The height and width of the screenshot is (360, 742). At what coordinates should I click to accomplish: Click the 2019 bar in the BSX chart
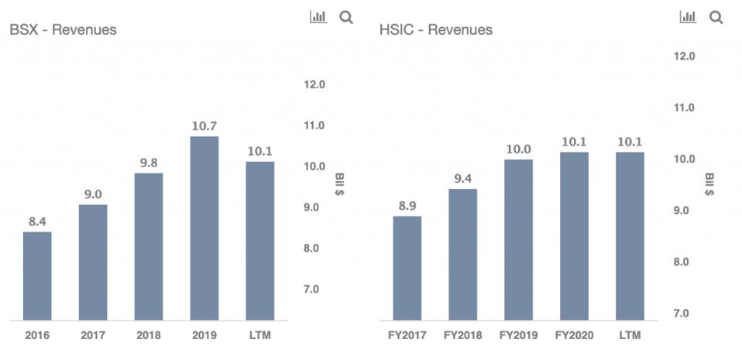(204, 228)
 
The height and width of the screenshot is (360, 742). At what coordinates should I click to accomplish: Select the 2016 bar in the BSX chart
(37, 276)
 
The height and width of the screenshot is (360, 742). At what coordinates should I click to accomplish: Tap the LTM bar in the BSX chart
(259, 241)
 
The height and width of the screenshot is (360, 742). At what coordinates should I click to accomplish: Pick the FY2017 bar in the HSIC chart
(407, 268)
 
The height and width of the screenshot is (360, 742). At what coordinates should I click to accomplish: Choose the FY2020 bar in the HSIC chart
(574, 236)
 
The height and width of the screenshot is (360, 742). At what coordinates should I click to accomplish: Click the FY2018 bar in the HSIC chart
(462, 255)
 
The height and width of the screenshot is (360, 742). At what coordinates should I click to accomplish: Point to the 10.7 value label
(204, 125)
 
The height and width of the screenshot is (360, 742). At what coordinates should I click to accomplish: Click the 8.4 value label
(37, 221)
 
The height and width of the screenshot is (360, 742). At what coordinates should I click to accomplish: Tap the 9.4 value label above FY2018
(462, 179)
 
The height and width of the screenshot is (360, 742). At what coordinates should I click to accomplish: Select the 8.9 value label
(407, 205)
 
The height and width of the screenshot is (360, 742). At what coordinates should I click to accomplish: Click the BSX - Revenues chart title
(63, 30)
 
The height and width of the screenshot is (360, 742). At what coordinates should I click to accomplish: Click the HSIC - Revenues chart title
(436, 30)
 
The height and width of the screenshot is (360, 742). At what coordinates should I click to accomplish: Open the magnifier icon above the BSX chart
(346, 17)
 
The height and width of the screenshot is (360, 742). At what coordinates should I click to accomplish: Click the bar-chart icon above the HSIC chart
(688, 16)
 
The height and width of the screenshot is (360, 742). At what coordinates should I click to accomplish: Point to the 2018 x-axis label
(149, 336)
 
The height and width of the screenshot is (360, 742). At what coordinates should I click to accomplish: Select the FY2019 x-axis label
(518, 336)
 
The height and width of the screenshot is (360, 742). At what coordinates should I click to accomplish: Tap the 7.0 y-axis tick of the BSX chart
(313, 290)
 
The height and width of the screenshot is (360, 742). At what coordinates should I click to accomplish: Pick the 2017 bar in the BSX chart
(93, 262)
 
